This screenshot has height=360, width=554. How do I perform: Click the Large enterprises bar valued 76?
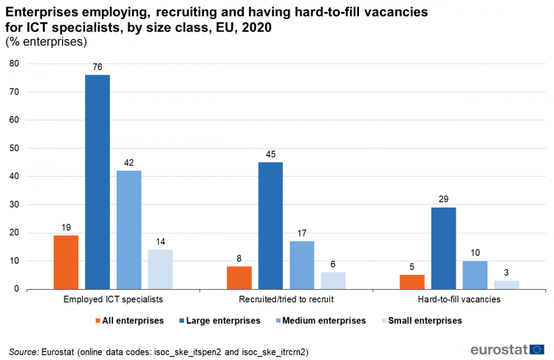click(97, 182)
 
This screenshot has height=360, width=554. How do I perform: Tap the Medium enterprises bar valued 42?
click(129, 229)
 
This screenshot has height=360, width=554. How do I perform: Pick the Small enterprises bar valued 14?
click(160, 269)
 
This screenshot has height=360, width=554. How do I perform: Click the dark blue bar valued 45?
click(270, 225)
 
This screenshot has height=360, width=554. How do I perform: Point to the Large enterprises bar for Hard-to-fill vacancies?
click(443, 248)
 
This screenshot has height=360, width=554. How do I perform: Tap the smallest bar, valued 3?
click(506, 285)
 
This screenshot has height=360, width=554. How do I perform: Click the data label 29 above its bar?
click(443, 200)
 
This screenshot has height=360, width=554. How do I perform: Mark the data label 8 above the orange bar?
click(239, 259)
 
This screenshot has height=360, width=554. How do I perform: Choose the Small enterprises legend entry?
click(423, 321)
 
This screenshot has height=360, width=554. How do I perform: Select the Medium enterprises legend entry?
click(322, 321)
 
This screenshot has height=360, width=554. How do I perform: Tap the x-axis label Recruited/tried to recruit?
click(285, 299)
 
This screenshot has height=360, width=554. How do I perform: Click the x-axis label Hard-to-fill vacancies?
click(459, 299)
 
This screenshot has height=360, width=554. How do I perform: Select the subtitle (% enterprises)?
click(41, 41)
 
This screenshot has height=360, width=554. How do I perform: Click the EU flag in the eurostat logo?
click(537, 349)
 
